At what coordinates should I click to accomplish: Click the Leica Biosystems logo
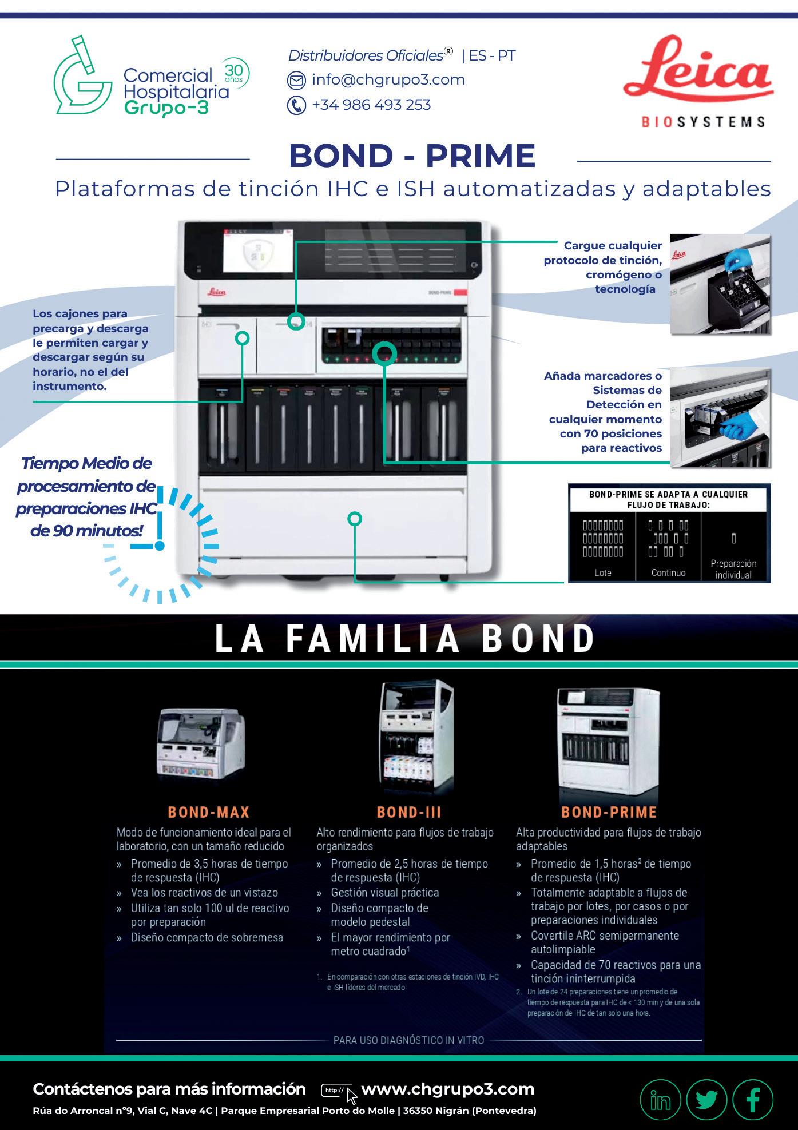point(698,80)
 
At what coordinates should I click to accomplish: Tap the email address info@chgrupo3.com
point(388,80)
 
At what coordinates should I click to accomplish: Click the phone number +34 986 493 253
point(371,105)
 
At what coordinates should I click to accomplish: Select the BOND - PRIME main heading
point(412,156)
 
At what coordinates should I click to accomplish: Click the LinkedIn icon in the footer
point(661,1100)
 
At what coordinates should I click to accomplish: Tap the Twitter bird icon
point(706,1100)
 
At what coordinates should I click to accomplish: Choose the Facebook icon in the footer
point(753,1100)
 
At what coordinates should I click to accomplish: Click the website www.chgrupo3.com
point(447,1089)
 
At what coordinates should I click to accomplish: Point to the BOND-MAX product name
point(209,812)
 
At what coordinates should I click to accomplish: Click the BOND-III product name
point(409,812)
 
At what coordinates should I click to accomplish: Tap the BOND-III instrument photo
point(416,738)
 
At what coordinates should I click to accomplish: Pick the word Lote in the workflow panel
point(602,572)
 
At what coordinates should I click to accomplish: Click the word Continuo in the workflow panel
point(668,572)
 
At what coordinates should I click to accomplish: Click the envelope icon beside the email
point(296,81)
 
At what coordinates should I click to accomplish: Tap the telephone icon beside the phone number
point(296,106)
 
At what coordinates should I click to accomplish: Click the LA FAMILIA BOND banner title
point(404,639)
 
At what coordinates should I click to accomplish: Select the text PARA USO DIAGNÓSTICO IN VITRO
point(408,1040)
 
